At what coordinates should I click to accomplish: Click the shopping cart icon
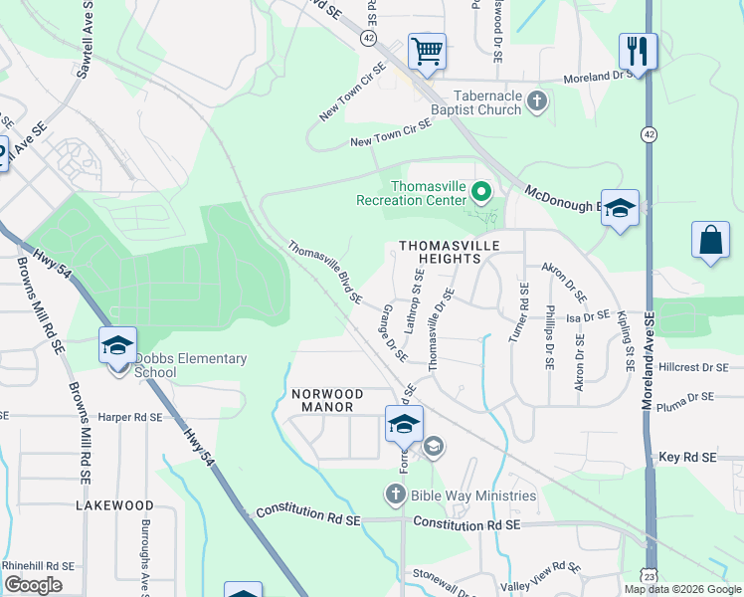pos(427,51)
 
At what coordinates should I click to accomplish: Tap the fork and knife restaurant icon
pos(638,51)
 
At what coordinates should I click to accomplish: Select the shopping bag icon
pos(710,240)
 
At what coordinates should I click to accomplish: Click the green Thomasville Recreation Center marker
pos(482,189)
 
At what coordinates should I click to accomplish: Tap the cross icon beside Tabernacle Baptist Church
pos(537,100)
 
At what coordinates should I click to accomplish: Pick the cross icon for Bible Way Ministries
pos(395,495)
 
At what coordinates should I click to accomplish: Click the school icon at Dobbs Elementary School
pos(117,346)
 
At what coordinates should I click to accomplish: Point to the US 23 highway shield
pos(650,577)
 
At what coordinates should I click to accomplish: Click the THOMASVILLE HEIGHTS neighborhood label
pos(439,251)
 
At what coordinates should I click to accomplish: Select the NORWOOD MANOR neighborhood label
pos(323,400)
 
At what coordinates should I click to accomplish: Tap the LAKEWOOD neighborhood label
pos(114,505)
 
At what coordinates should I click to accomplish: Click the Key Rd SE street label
pos(687,457)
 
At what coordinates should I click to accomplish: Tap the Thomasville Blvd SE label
pos(324,271)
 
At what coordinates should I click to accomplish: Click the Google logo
pos(35,585)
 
